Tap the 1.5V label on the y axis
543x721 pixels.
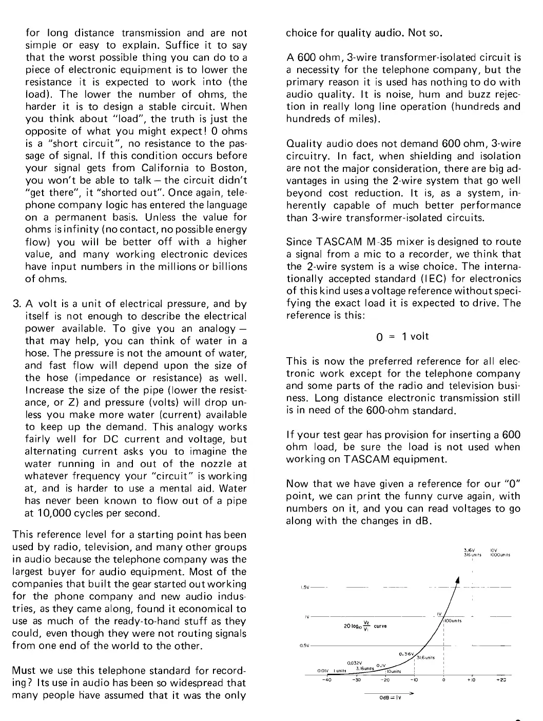[303, 588]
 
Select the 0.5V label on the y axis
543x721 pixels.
[303, 646]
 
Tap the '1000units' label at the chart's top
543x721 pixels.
[499, 555]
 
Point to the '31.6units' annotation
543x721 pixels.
[425, 657]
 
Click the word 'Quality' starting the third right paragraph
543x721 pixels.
[302, 144]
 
